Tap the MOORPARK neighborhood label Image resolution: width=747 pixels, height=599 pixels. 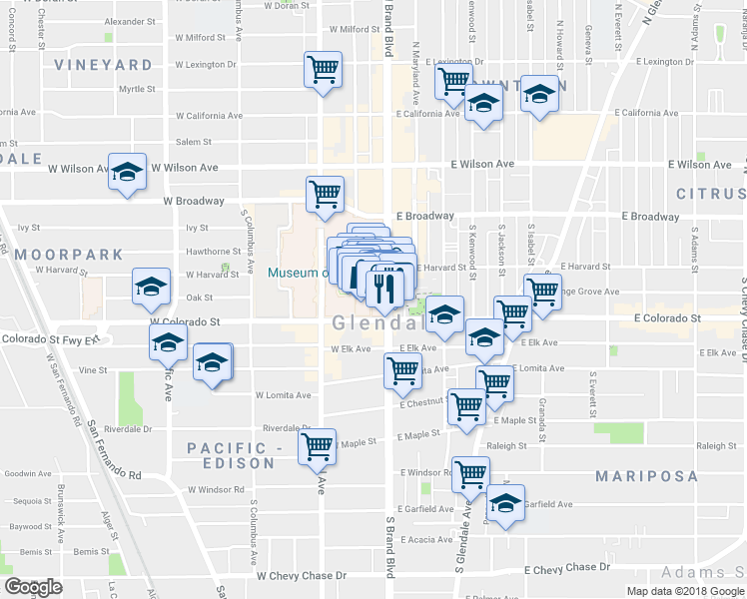click(68, 255)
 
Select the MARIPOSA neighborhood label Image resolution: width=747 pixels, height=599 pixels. click(643, 476)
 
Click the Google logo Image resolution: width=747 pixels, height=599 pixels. click(34, 587)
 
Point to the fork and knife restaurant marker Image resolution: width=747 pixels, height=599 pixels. click(384, 288)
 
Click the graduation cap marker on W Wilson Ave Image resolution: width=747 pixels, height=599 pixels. click(127, 172)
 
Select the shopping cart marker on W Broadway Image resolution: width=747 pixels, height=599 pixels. click(325, 194)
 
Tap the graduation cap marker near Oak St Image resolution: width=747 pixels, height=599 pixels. click(152, 289)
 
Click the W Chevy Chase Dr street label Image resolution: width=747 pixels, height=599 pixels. click(301, 576)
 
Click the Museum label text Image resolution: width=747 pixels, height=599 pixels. click(297, 274)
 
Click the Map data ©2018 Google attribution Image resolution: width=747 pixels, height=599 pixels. click(685, 591)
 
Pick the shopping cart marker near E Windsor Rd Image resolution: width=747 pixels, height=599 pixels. click(470, 474)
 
